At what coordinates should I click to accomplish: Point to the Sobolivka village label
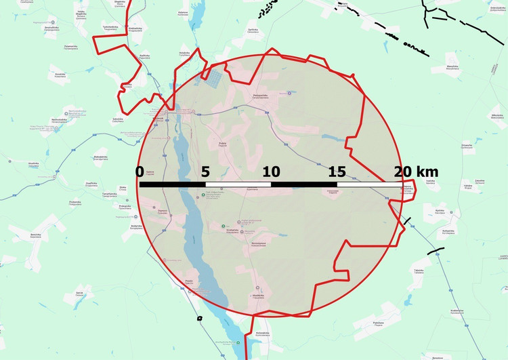point(118,119)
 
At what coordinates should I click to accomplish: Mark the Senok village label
point(79,293)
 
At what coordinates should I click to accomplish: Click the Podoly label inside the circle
point(221,143)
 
